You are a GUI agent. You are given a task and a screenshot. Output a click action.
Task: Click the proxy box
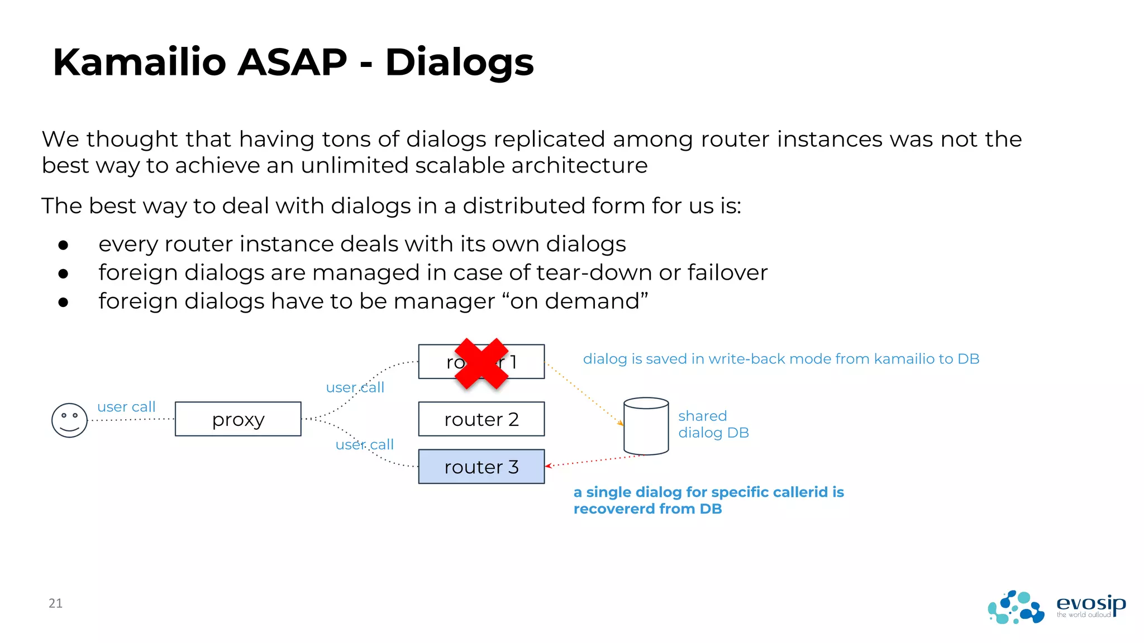pos(238,419)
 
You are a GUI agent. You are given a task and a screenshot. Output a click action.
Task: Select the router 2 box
pos(481,419)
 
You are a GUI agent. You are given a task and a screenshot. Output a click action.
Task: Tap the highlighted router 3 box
pos(481,467)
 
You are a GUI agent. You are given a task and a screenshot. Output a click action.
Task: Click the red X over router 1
pos(481,363)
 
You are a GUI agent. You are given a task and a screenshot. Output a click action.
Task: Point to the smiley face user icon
pos(69,420)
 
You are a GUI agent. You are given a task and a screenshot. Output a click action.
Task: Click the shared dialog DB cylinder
pos(646,426)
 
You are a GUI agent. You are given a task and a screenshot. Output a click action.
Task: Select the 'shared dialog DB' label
pos(713,424)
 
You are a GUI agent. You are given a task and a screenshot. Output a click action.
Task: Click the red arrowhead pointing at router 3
pos(549,466)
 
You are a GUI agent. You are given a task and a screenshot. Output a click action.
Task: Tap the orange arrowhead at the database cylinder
pos(621,423)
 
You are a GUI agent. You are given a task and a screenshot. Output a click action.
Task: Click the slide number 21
pos(55,603)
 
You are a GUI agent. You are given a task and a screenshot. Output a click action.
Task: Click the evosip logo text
pos(1090,603)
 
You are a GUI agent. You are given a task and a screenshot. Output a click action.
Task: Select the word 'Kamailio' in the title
pos(139,62)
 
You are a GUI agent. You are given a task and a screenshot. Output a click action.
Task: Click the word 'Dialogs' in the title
pos(459,63)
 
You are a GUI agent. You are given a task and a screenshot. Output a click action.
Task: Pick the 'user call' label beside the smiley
pos(126,407)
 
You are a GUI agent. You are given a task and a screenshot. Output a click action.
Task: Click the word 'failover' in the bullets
pos(727,273)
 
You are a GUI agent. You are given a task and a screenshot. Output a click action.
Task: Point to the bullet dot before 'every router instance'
pos(63,245)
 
